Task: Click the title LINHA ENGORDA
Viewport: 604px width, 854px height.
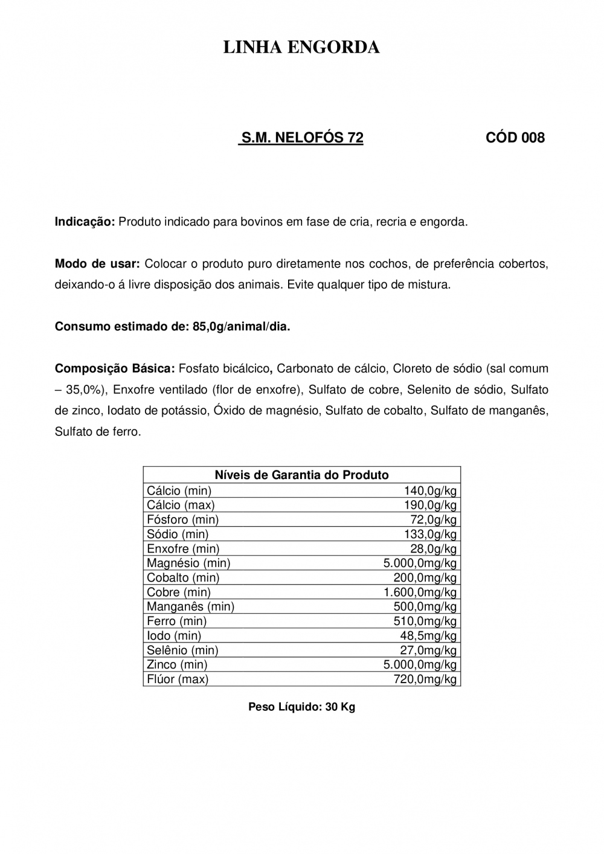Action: [x=301, y=48]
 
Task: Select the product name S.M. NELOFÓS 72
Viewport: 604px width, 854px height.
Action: [x=302, y=138]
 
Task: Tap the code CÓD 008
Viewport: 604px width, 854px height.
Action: [x=515, y=138]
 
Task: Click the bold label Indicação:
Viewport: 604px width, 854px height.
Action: [x=85, y=222]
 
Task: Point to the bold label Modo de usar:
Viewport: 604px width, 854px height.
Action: [x=97, y=264]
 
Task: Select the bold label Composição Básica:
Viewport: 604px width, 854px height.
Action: [x=115, y=368]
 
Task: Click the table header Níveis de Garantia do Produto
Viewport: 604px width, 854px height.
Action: [x=301, y=475]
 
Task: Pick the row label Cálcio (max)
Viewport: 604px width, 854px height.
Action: [x=181, y=505]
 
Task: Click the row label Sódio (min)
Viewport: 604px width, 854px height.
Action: [x=178, y=534]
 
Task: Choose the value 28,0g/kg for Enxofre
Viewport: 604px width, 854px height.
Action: [x=433, y=548]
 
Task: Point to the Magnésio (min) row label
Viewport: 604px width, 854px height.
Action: [x=188, y=563]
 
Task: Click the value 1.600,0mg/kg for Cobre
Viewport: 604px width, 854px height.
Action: [x=420, y=592]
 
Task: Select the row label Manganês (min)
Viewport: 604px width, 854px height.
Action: [x=190, y=606]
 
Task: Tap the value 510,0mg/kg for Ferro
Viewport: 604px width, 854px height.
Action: [x=425, y=621]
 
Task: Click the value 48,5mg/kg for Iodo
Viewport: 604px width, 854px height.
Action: [x=428, y=635]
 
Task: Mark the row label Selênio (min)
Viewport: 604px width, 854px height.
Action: [x=182, y=650]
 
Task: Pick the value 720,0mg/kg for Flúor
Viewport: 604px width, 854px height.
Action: [x=425, y=679]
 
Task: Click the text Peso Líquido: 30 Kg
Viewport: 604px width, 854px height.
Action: [x=301, y=707]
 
